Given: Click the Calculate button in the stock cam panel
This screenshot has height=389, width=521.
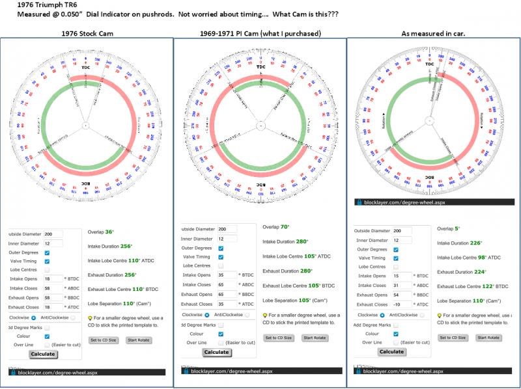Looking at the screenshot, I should [x=43, y=354].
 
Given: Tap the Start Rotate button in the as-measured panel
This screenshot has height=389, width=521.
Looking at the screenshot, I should [x=488, y=338].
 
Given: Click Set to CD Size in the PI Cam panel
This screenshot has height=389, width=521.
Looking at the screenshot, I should [x=278, y=338].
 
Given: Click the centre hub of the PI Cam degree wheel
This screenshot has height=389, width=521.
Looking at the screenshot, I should [x=260, y=125].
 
